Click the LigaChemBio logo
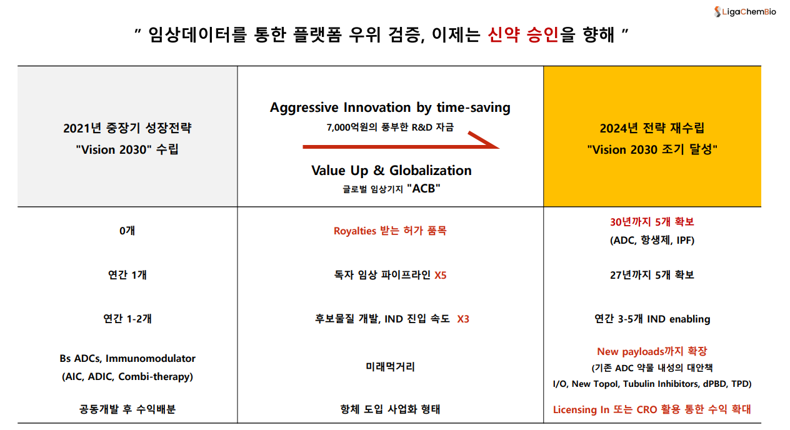tap(745, 12)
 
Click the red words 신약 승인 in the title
tap(523, 34)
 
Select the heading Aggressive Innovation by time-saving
tap(390, 107)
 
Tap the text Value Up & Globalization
tap(391, 171)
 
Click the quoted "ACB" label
tap(424, 189)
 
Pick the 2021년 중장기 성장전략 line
tap(127, 128)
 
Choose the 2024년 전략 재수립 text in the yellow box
tap(652, 128)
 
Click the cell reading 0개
tap(127, 231)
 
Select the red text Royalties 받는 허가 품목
tap(390, 231)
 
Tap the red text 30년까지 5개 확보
tap(652, 222)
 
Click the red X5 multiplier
tap(441, 275)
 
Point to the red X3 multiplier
tap(463, 319)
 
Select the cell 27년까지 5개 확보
tap(652, 275)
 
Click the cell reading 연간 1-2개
tap(127, 319)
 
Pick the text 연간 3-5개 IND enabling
tap(652, 319)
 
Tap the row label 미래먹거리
tap(390, 367)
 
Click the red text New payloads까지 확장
tap(652, 351)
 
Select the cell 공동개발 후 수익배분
tap(127, 409)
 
